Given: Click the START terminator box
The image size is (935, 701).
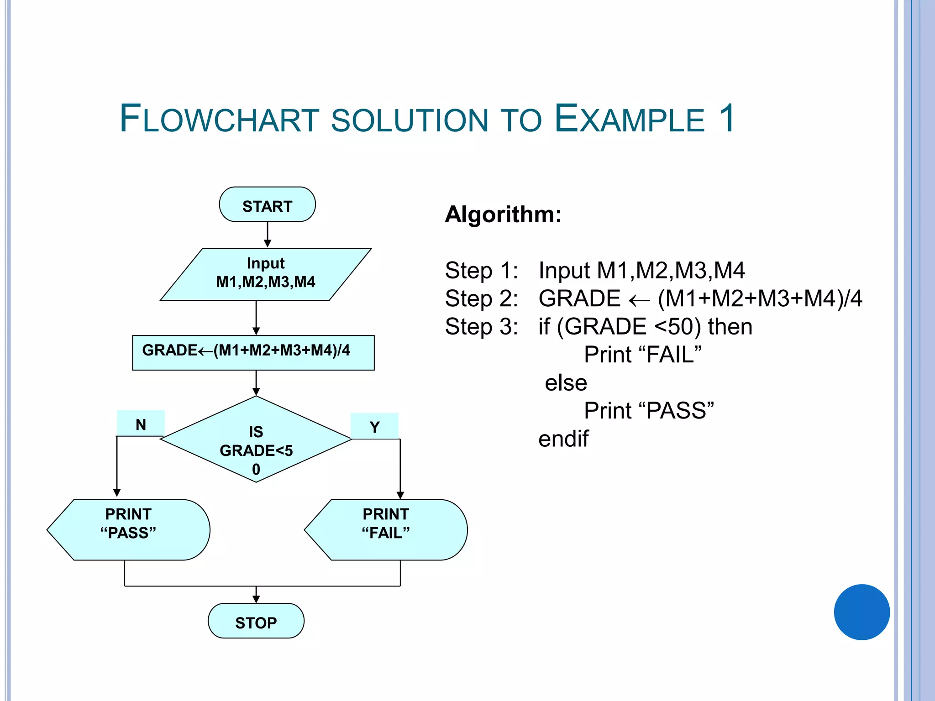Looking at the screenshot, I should click(x=267, y=204).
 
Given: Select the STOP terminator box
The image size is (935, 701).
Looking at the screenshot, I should click(x=256, y=621).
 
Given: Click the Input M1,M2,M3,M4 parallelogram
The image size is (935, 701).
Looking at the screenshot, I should click(x=265, y=274).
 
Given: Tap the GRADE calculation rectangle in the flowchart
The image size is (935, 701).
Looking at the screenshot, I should click(x=253, y=352).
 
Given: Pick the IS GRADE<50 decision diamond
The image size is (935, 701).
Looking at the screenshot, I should click(x=256, y=439).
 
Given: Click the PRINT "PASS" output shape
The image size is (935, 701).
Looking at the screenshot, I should click(x=128, y=529).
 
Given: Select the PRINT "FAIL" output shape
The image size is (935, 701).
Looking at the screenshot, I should click(x=386, y=529).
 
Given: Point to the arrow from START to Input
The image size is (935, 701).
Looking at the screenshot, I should click(x=268, y=235).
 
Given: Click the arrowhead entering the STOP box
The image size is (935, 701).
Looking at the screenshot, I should click(x=256, y=599).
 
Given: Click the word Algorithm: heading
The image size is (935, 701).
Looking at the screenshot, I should click(x=503, y=214).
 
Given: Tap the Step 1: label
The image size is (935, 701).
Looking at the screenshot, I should click(x=481, y=270).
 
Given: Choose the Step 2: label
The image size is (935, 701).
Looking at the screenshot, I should click(x=481, y=298).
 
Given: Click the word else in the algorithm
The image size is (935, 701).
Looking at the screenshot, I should click(x=566, y=382).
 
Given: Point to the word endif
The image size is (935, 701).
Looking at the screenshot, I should click(x=563, y=439).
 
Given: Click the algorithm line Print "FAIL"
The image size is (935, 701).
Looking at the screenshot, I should click(x=642, y=355).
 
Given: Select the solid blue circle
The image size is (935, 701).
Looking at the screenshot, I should click(x=861, y=612).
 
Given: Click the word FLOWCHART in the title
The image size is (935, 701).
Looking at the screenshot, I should click(x=219, y=119).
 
